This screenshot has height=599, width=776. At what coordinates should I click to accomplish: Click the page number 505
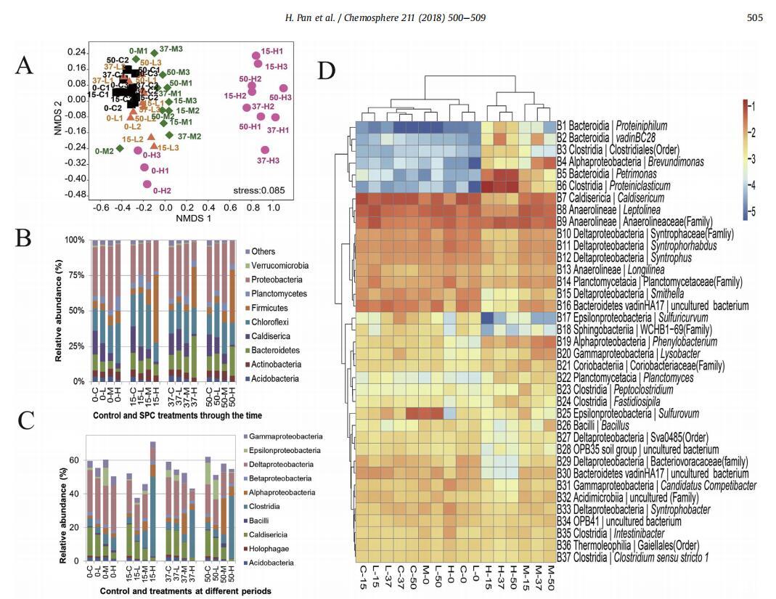754,17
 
